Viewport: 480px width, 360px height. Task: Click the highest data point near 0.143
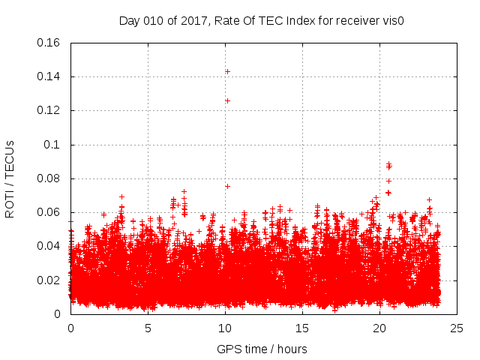[227, 71]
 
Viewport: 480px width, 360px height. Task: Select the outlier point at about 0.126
[227, 100]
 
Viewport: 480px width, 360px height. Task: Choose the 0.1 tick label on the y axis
[54, 144]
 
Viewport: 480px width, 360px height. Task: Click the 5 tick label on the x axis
[148, 328]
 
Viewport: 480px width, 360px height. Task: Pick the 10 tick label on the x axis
[225, 328]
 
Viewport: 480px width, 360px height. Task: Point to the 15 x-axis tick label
[302, 328]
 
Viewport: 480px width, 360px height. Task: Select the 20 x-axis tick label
[379, 328]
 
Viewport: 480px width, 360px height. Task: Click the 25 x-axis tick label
[457, 328]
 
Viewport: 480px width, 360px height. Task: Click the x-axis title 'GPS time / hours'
[262, 349]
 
